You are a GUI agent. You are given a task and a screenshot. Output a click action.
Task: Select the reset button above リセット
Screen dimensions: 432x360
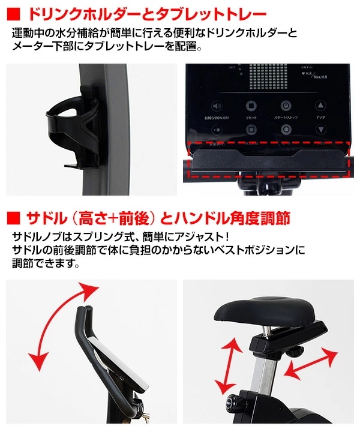coord(251,107)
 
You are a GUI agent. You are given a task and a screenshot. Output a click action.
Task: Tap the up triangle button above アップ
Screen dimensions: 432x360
coord(320,107)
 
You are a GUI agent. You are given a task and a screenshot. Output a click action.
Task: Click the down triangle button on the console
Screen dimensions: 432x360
coord(320,129)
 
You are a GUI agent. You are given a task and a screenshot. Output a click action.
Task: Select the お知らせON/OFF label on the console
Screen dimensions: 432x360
coord(217,118)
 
